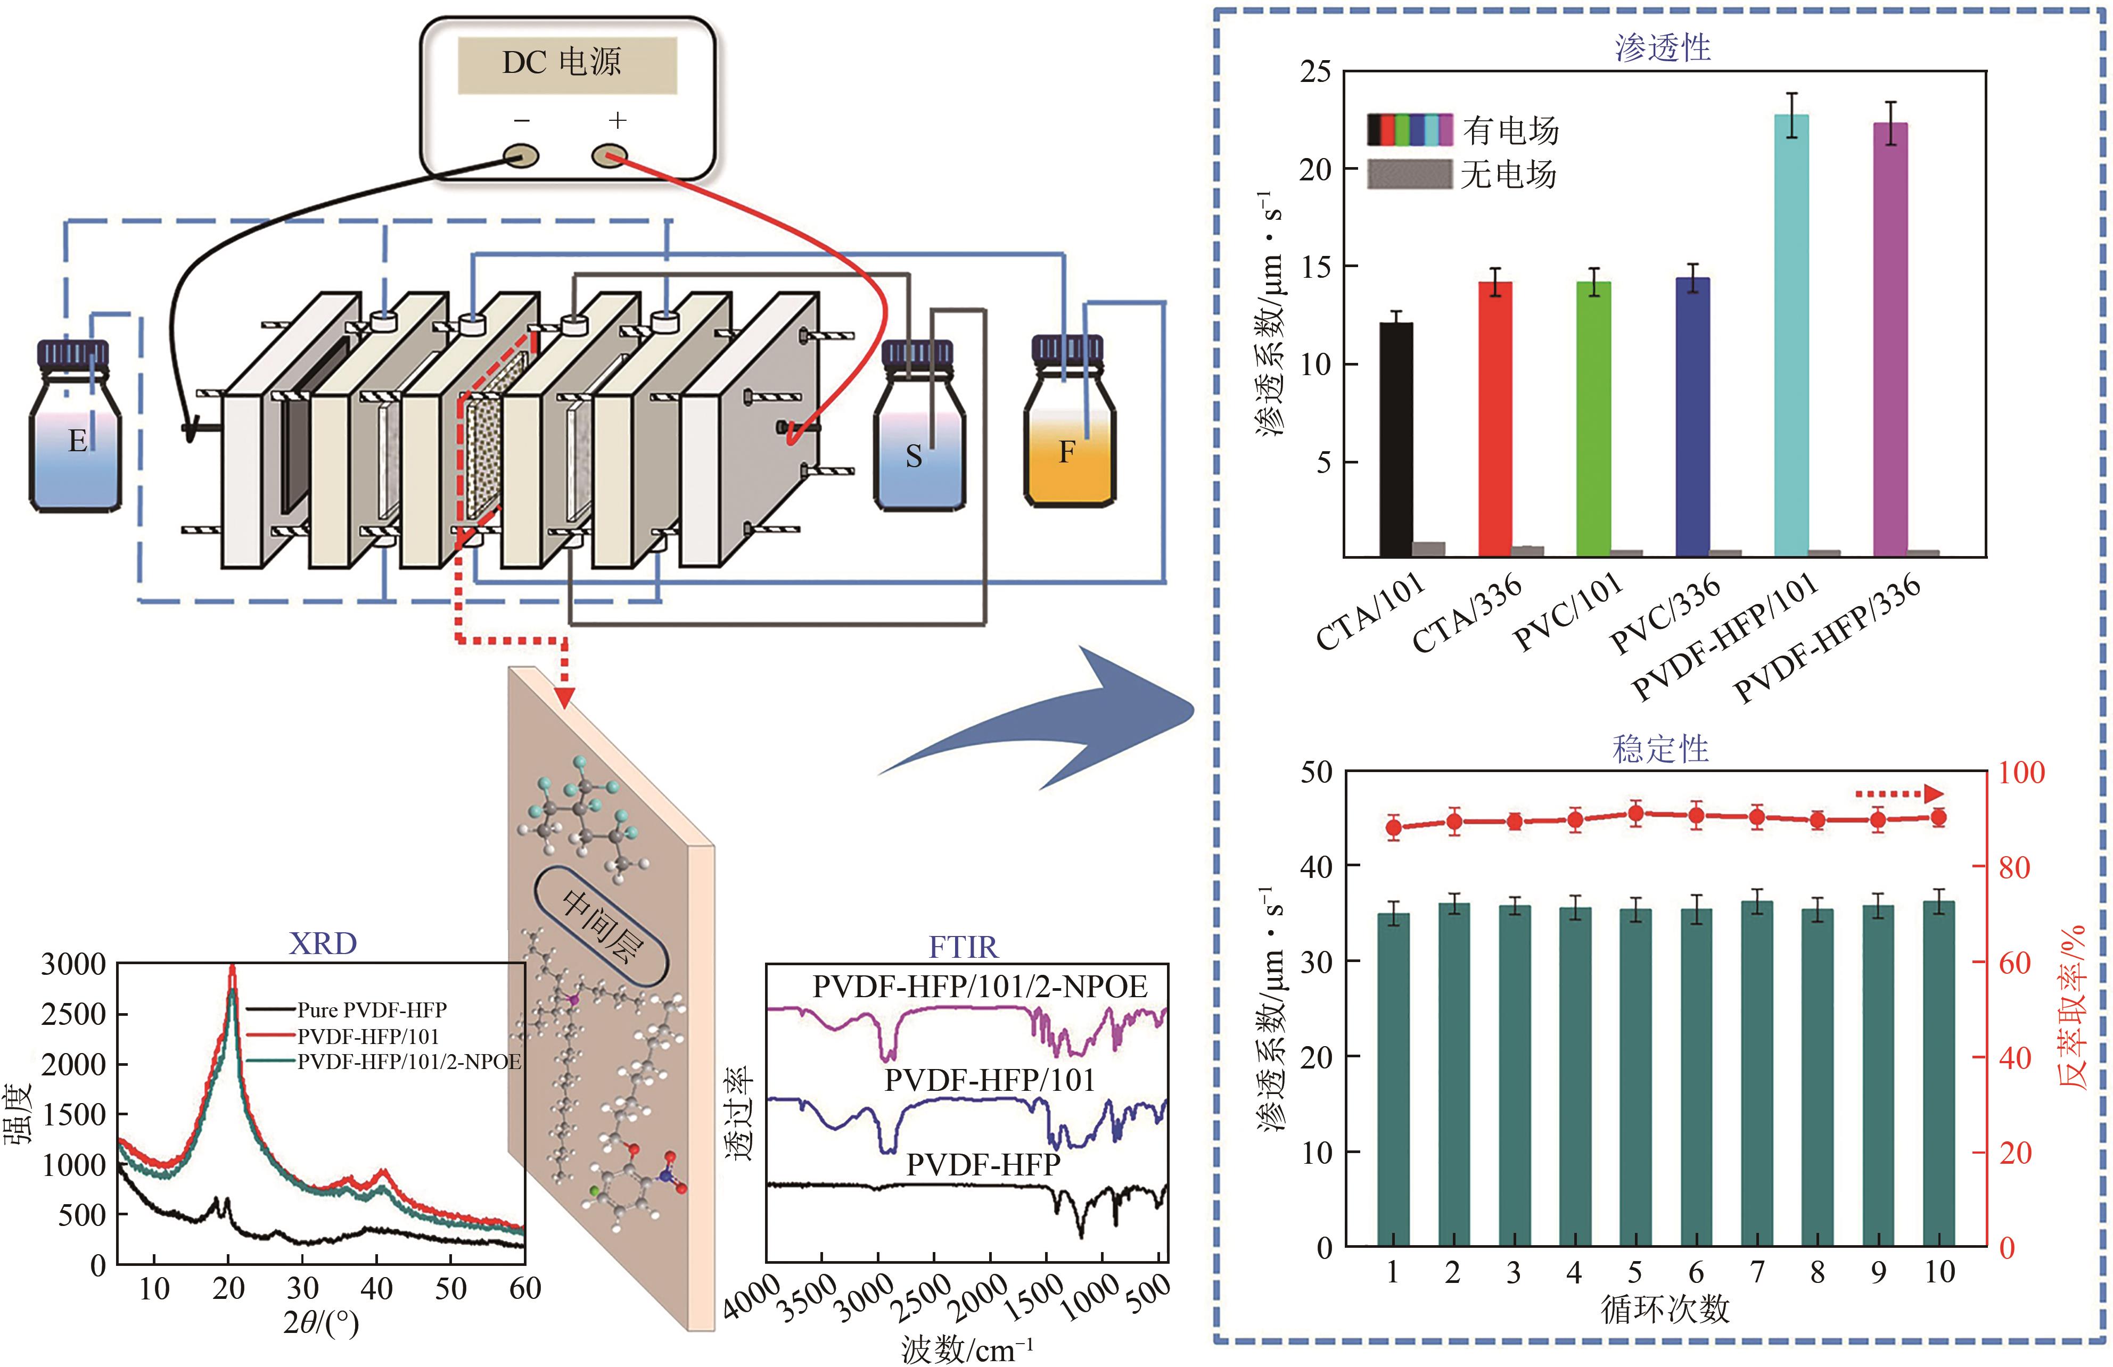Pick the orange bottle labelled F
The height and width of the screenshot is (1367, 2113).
[x=1069, y=435]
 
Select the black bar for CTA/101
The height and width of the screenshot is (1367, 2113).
[x=1396, y=440]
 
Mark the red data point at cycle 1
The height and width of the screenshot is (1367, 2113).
[x=1393, y=828]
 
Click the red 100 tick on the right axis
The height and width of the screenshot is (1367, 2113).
[x=2021, y=772]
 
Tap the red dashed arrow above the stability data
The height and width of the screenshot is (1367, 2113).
[x=1900, y=793]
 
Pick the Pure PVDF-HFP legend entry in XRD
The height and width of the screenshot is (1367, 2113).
[x=371, y=1009]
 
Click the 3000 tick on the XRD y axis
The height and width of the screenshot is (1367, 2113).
[x=73, y=964]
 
